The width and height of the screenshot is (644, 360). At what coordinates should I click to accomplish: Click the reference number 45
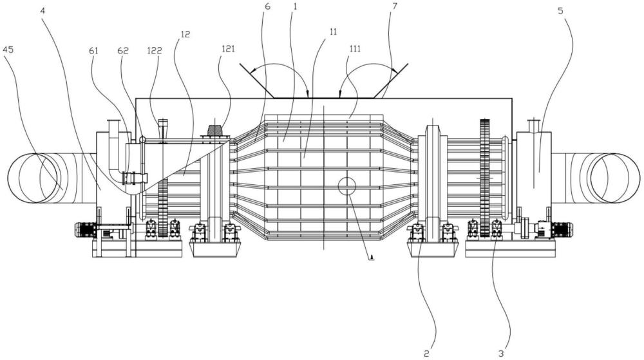8,50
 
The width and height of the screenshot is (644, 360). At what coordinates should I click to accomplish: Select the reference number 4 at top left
43,10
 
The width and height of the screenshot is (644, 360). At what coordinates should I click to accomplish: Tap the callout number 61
93,50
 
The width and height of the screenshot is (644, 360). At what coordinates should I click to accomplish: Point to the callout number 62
123,50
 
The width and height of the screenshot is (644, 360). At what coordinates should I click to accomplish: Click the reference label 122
155,50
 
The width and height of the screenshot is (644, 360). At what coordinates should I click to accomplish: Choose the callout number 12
185,35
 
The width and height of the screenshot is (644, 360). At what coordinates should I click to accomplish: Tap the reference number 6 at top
268,6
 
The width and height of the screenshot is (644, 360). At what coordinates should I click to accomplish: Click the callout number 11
333,32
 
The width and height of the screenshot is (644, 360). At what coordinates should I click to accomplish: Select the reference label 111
355,49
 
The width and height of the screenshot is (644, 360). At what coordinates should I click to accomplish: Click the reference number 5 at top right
561,11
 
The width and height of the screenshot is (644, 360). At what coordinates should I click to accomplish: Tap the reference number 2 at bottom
426,353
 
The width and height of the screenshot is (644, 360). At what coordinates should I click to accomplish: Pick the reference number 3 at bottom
500,353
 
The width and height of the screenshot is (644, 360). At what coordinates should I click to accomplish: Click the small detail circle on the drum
346,186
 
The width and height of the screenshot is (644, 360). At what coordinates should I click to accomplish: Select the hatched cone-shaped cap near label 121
214,131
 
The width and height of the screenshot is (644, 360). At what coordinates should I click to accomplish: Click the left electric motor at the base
86,229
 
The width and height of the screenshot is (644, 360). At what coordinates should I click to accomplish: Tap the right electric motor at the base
562,229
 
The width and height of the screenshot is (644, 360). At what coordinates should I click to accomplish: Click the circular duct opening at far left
35,178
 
